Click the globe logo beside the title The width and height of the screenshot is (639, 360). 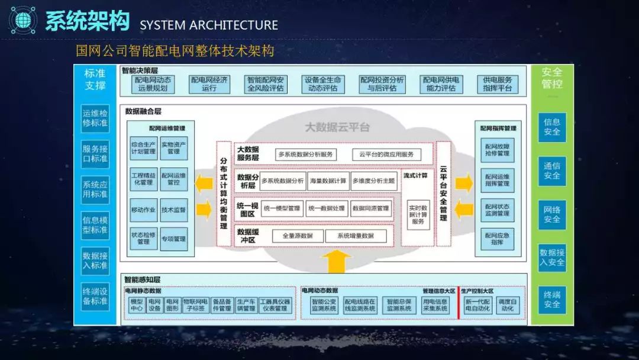(x=23, y=21)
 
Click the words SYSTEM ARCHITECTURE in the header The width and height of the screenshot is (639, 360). (x=208, y=25)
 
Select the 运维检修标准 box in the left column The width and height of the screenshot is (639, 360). (x=95, y=118)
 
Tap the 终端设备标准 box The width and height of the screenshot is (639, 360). (x=95, y=296)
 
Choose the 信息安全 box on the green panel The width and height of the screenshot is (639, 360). (x=552, y=127)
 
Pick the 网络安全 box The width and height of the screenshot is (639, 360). (x=552, y=214)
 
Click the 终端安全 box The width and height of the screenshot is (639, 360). (x=552, y=300)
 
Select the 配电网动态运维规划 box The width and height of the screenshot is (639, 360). (x=153, y=84)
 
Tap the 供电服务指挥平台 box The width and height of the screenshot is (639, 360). (x=497, y=84)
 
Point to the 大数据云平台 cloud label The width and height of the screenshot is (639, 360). (x=337, y=127)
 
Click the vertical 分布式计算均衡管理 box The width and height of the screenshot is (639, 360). (x=223, y=193)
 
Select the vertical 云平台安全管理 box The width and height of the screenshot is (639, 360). (x=443, y=193)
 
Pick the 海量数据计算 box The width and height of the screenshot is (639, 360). (x=328, y=181)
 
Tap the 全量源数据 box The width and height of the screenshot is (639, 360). (x=298, y=236)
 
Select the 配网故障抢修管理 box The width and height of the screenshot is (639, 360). (x=497, y=150)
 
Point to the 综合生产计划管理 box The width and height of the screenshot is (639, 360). (x=143, y=148)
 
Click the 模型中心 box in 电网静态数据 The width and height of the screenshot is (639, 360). (x=137, y=305)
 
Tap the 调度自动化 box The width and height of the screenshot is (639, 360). (x=508, y=305)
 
